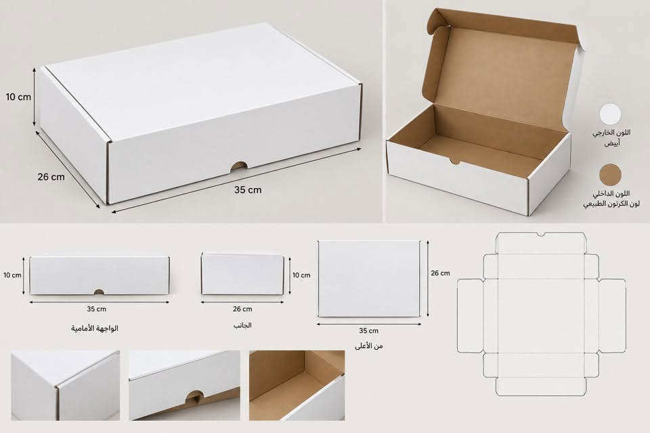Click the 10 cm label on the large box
[18, 97]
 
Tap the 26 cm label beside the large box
[51, 177]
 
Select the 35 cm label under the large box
[248, 189]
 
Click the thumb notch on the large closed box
[239, 166]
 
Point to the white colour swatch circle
[610, 114]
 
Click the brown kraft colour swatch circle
[610, 175]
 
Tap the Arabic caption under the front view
[95, 329]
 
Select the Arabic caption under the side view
[242, 325]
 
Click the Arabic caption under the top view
[368, 346]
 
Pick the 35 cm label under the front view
[97, 309]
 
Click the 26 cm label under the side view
[242, 309]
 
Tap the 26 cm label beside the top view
[440, 273]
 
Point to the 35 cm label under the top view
[368, 331]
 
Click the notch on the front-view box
[99, 292]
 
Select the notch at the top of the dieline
[541, 235]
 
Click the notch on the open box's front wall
[455, 161]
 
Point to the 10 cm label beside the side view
[301, 275]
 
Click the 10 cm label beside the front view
[12, 275]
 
